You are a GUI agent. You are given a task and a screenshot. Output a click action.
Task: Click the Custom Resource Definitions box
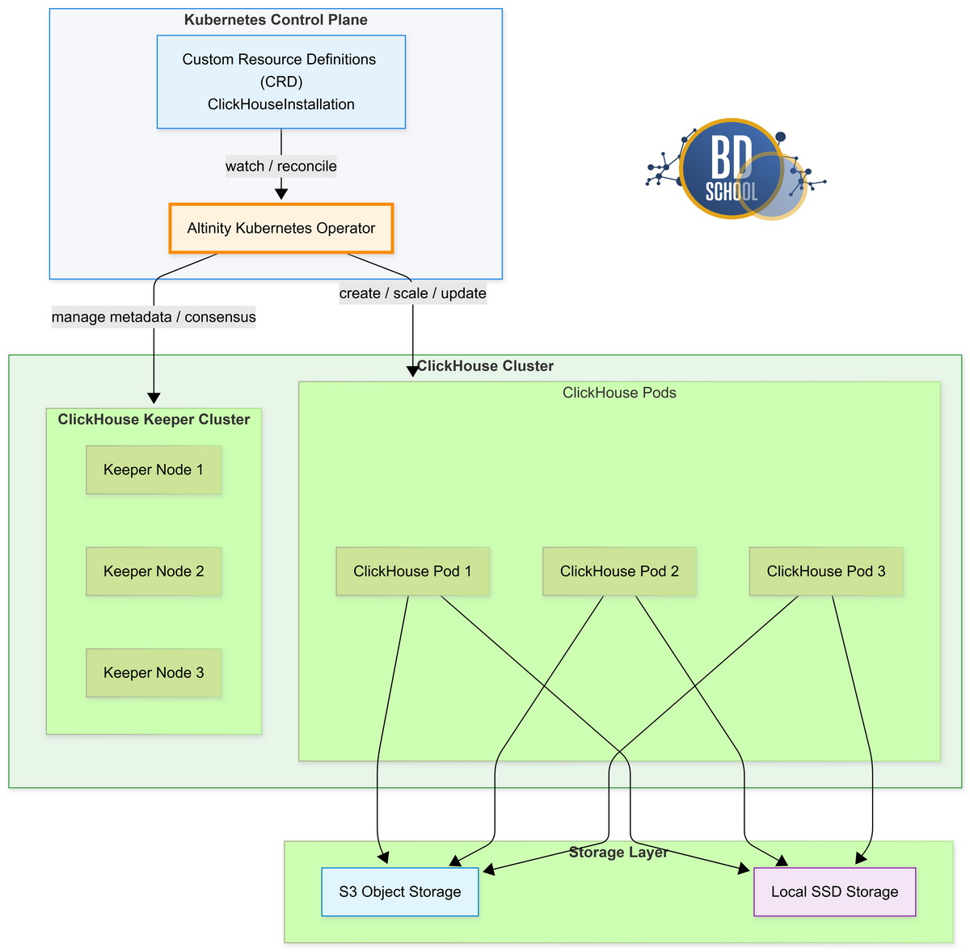click(x=280, y=82)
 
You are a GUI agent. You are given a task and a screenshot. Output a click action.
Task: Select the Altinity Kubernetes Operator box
click(x=280, y=228)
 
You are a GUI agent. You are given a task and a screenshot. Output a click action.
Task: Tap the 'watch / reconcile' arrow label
click(x=280, y=166)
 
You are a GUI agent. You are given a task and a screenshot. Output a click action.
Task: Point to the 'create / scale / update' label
click(x=412, y=293)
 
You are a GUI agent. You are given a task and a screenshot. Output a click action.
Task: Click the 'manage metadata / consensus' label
click(x=154, y=317)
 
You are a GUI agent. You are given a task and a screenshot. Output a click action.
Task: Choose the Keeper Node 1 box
click(x=154, y=470)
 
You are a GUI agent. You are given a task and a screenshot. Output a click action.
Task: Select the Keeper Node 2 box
click(x=154, y=571)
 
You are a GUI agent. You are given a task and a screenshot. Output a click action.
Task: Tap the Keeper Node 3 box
click(x=154, y=672)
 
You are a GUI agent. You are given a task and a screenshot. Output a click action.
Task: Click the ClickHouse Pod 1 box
click(x=412, y=571)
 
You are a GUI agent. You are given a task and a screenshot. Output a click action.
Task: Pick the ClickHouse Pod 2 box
click(x=619, y=571)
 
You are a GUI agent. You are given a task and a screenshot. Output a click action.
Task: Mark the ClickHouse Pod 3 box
click(x=826, y=571)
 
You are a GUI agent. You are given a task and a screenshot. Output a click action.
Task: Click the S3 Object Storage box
click(x=400, y=891)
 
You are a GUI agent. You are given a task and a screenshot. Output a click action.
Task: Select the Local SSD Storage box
click(x=834, y=891)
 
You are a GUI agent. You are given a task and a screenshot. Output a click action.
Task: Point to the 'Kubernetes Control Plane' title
click(x=276, y=20)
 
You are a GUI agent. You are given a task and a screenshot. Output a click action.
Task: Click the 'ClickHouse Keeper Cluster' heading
click(x=154, y=419)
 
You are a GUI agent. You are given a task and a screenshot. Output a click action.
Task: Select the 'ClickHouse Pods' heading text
click(x=619, y=393)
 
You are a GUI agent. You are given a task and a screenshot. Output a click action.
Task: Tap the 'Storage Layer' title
click(x=618, y=853)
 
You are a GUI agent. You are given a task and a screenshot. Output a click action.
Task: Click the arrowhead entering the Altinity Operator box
click(x=280, y=194)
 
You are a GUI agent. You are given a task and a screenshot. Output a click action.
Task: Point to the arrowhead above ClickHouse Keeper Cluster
click(x=154, y=398)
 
